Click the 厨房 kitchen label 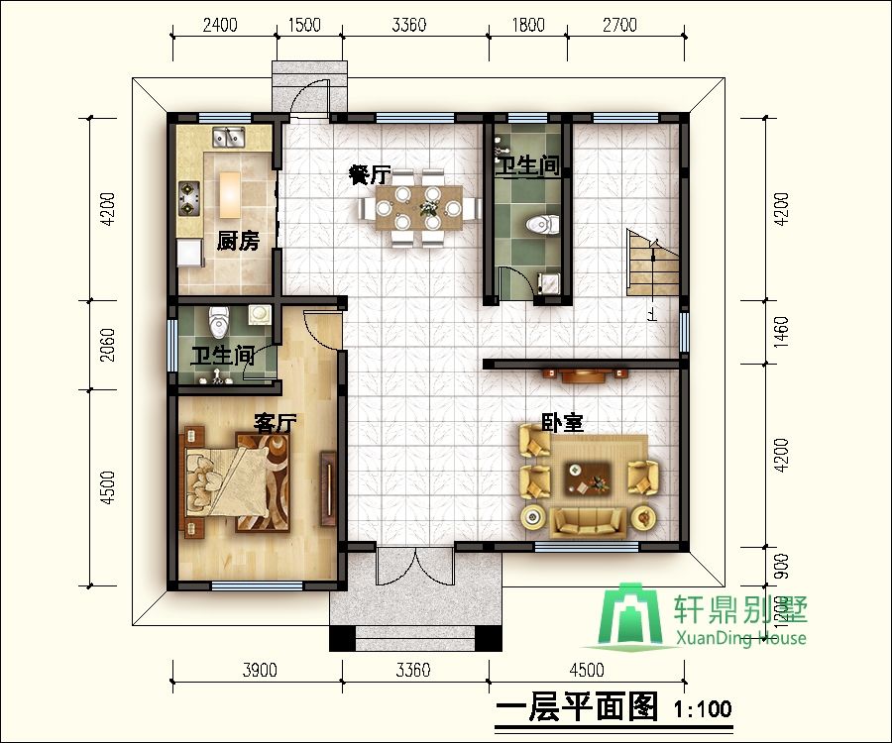click(x=238, y=241)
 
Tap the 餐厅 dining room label click(x=368, y=175)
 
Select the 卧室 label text click(x=561, y=422)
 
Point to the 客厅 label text click(x=276, y=423)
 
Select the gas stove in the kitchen click(x=189, y=196)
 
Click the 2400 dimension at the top click(x=219, y=25)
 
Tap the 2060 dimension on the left click(x=109, y=343)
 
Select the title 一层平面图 click(x=576, y=707)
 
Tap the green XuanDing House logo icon click(x=635, y=614)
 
